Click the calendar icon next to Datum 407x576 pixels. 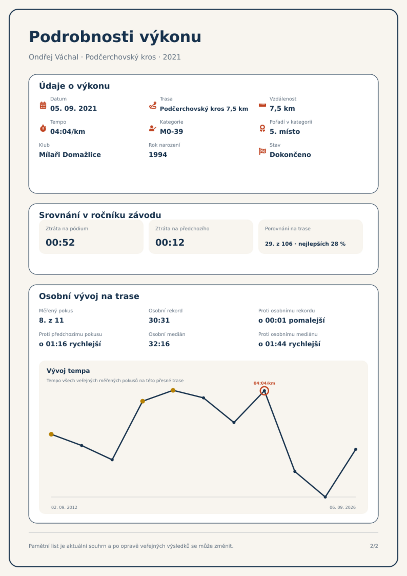(43, 105)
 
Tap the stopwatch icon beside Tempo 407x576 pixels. (43, 128)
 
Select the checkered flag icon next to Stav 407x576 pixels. (262, 151)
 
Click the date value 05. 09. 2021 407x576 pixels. (74, 108)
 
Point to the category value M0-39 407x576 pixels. (171, 132)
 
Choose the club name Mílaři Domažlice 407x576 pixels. (70, 155)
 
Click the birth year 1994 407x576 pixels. (158, 155)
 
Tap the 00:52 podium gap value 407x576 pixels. (60, 242)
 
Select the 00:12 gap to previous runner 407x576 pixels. (170, 242)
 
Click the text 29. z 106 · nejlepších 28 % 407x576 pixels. (305, 244)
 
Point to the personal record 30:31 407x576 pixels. (159, 320)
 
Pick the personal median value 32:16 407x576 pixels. (159, 344)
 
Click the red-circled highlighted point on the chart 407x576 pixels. (264, 391)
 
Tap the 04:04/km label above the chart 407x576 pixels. (264, 383)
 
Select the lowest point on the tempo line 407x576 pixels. (325, 497)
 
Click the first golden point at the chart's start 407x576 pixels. (51, 434)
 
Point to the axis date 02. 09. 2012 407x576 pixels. (64, 507)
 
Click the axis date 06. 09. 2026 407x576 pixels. (343, 507)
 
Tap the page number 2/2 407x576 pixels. (374, 546)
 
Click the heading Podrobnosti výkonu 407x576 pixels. (115, 37)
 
